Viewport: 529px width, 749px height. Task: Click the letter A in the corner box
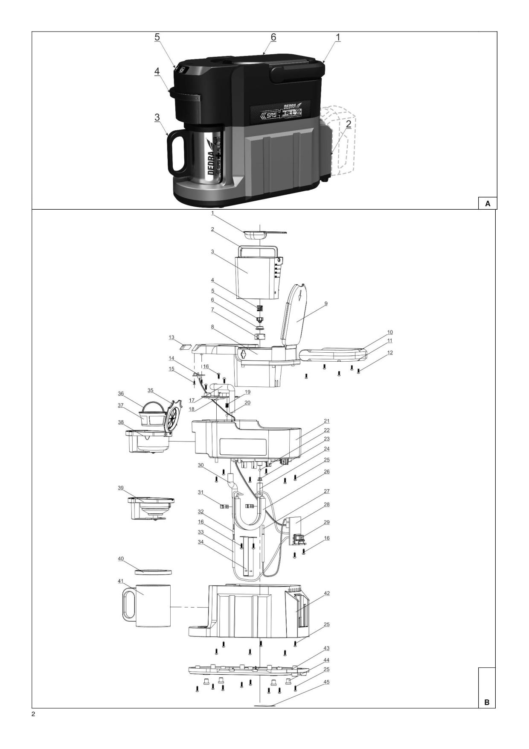[488, 204]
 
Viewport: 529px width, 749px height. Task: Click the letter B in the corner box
[487, 702]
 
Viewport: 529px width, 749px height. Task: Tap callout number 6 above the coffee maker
[273, 37]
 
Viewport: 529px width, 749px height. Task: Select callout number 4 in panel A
[157, 72]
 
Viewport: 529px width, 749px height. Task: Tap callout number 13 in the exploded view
[171, 337]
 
